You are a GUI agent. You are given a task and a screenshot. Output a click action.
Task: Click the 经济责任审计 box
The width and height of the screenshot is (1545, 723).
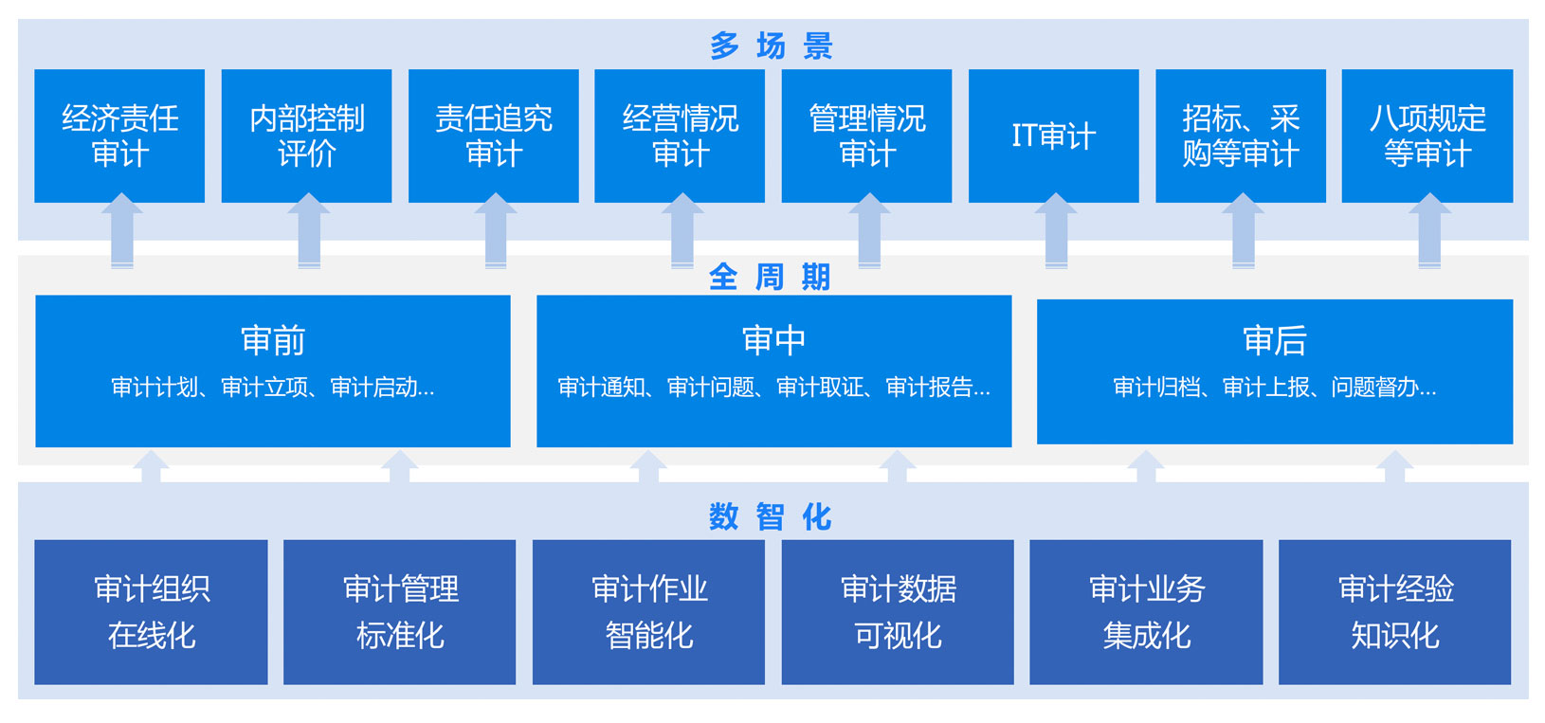click(119, 136)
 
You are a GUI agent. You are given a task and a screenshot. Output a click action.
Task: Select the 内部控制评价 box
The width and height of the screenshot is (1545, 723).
click(306, 136)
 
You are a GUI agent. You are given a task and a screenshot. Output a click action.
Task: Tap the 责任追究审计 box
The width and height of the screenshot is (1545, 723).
click(493, 136)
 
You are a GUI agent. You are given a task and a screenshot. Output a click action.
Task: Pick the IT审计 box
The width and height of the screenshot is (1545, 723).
click(1053, 136)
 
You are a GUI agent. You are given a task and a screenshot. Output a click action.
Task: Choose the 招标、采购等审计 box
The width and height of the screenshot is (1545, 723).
click(1240, 136)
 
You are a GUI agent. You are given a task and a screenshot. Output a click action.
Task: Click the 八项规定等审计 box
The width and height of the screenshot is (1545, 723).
click(1427, 136)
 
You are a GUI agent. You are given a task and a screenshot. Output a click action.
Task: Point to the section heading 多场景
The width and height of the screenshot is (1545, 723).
click(772, 45)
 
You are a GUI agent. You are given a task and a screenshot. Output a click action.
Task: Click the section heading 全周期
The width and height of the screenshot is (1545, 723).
click(771, 277)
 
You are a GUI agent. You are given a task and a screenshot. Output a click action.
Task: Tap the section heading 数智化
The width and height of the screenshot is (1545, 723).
click(771, 516)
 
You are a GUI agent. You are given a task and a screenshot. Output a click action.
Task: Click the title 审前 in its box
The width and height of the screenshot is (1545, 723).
click(273, 340)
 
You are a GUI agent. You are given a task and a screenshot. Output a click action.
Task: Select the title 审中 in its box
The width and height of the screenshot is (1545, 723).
click(773, 340)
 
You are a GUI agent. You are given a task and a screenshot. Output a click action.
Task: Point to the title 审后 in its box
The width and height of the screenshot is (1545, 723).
click(1274, 340)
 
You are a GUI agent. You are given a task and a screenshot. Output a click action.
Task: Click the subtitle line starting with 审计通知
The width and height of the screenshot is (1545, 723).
click(773, 388)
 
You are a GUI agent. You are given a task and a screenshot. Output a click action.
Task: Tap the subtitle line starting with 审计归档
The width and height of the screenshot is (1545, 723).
click(1274, 388)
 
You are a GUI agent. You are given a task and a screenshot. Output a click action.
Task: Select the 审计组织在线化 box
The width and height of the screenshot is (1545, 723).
click(151, 611)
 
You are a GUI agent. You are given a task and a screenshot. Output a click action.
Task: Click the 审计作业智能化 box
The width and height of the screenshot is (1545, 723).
click(648, 611)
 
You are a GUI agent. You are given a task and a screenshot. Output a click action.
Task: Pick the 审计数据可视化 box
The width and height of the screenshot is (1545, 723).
click(898, 611)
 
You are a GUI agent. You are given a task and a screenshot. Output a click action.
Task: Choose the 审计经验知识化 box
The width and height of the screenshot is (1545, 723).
click(1394, 611)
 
